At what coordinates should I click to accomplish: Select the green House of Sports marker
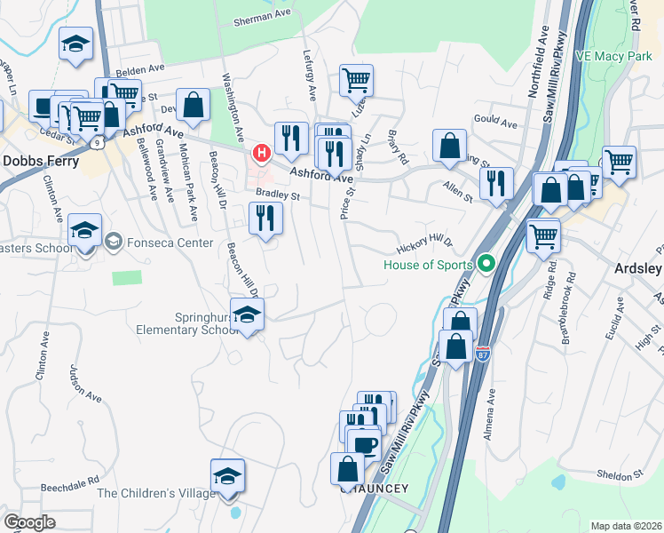(x=486, y=264)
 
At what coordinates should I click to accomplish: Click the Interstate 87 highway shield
(x=482, y=354)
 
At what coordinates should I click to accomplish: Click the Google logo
(x=29, y=522)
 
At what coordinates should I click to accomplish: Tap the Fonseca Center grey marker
(x=114, y=243)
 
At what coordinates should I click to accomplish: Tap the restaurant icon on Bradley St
(x=265, y=218)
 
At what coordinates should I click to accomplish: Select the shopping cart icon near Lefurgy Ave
(x=356, y=80)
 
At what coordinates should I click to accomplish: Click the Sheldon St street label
(x=619, y=475)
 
